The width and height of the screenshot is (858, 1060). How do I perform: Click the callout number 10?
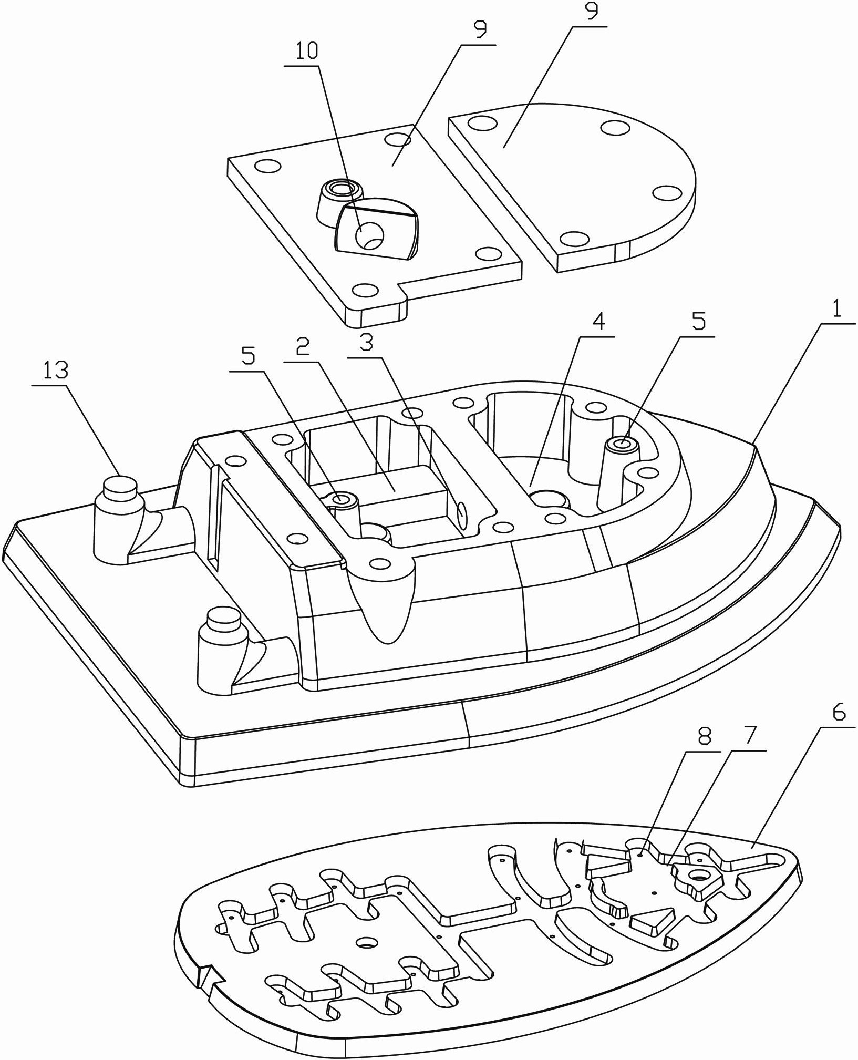(x=307, y=51)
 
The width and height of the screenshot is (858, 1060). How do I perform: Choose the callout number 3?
(x=366, y=343)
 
